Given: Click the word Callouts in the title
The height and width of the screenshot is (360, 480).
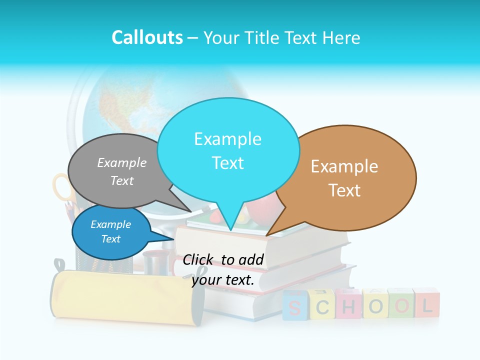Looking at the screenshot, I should (x=147, y=38).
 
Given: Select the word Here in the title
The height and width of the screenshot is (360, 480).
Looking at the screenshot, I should (x=341, y=38).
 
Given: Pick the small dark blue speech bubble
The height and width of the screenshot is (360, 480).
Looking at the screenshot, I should (x=111, y=232).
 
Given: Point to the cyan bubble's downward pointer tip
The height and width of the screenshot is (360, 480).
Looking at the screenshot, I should (x=230, y=229).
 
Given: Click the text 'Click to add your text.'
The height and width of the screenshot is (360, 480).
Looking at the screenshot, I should (x=223, y=270).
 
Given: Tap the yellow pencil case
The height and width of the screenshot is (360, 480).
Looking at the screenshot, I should (x=125, y=297).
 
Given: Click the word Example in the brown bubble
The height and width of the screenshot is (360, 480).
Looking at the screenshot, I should (x=344, y=166).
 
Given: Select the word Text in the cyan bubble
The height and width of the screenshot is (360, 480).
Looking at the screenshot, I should (x=228, y=163).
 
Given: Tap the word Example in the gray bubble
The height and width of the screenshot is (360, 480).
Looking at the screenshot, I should (x=122, y=162).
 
